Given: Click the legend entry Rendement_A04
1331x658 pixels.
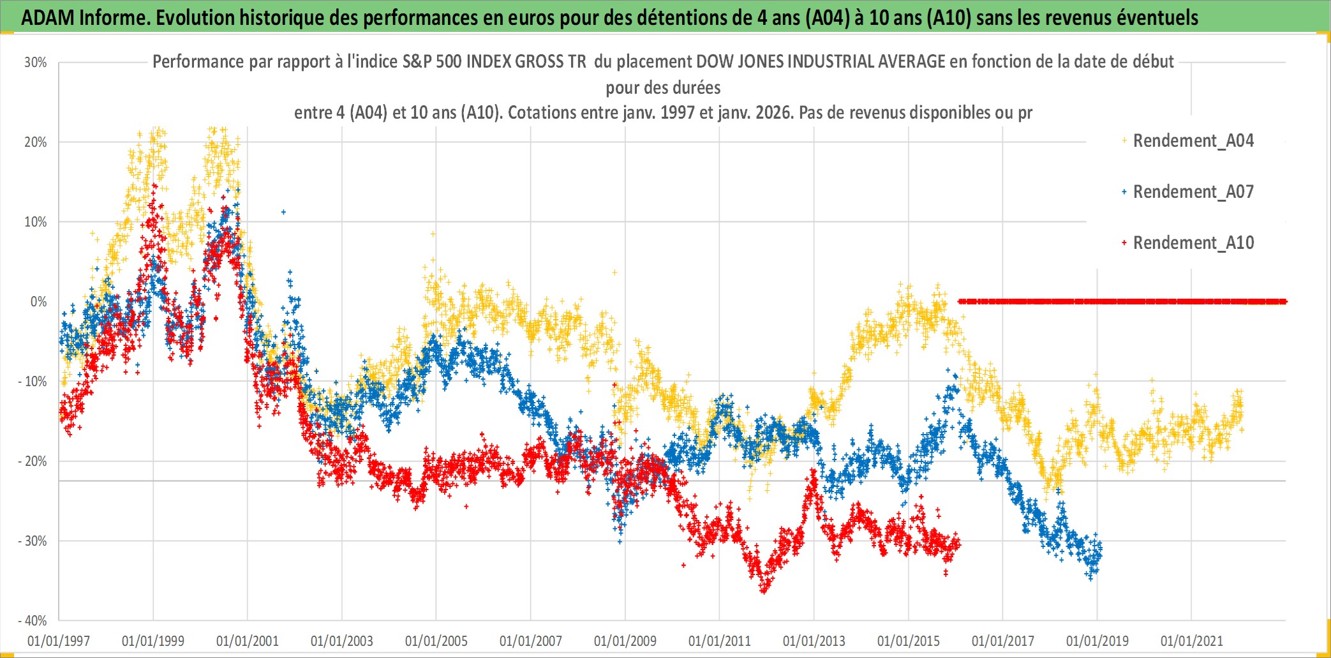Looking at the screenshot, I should click(x=1193, y=140).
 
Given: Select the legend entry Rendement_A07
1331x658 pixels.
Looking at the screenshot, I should click(x=1193, y=191).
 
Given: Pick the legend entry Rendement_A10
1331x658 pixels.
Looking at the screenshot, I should click(x=1193, y=243).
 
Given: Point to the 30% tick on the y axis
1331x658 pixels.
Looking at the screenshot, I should click(x=36, y=63).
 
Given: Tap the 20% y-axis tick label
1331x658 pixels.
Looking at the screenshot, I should click(x=36, y=142).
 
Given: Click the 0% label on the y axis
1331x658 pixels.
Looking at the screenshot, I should click(x=38, y=302).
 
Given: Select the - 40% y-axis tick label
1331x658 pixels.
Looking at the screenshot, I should click(x=33, y=620).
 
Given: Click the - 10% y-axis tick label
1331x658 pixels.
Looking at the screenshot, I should click(x=33, y=382).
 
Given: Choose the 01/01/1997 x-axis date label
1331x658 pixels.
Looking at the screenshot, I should click(x=59, y=641).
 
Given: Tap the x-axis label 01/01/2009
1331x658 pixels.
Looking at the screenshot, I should click(x=625, y=641).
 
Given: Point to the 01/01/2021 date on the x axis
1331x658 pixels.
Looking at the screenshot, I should click(x=1192, y=641).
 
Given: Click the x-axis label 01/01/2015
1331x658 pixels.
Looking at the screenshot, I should click(x=909, y=641).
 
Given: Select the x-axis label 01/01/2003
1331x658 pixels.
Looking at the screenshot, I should click(x=342, y=641).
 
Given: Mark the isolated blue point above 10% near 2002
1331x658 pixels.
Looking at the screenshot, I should click(x=284, y=212).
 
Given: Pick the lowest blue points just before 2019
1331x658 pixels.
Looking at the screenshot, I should click(x=1090, y=578).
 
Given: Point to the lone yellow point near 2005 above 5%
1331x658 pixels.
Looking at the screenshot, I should click(x=433, y=234).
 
